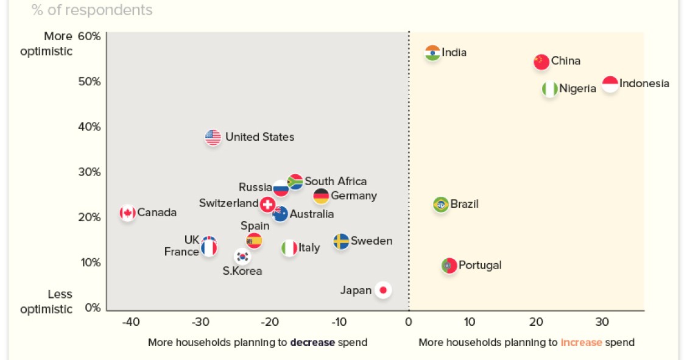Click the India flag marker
[432, 53]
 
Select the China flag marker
[541, 62]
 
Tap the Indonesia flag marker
[610, 84]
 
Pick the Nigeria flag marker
[550, 89]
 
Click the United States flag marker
[213, 137]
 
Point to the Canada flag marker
[127, 213]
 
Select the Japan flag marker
[383, 290]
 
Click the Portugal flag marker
[449, 266]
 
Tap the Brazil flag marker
[441, 204]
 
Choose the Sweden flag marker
[341, 241]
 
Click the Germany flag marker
[321, 196]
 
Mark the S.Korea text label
[242, 271]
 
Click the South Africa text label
[336, 182]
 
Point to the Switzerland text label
[228, 203]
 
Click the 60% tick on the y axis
[89, 37]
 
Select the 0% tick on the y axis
[93, 308]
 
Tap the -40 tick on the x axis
[130, 322]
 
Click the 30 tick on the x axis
[602, 322]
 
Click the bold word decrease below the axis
[312, 342]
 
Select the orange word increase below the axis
[581, 342]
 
